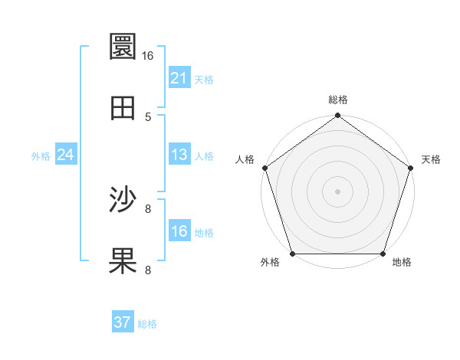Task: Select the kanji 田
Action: (x=123, y=108)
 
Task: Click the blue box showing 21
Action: (x=179, y=77)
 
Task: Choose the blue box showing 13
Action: (x=179, y=155)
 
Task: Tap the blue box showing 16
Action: (x=179, y=231)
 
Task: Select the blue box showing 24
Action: (x=65, y=155)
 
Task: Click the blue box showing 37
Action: (x=122, y=322)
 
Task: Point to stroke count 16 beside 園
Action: (x=147, y=55)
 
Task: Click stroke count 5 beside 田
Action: (x=147, y=117)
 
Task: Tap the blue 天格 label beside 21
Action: (x=204, y=79)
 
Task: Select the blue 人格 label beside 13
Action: (x=204, y=156)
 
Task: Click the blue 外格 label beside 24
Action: (x=41, y=156)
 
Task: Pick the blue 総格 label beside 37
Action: (x=147, y=324)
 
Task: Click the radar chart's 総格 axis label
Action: (x=337, y=100)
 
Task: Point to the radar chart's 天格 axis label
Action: (x=432, y=159)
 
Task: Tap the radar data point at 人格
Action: (x=264, y=168)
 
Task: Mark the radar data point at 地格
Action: (x=383, y=254)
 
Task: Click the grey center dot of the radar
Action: (x=337, y=191)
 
